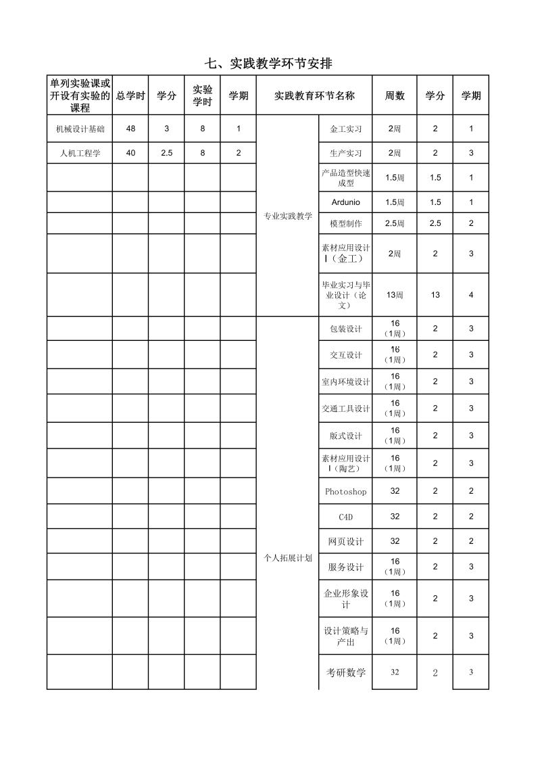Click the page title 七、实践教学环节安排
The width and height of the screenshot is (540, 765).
tap(269, 64)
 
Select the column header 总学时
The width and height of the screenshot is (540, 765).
tap(130, 96)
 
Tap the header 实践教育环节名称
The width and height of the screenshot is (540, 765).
tap(314, 96)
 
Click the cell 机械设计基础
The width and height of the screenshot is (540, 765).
tap(80, 129)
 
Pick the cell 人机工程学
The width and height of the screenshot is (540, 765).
tap(80, 153)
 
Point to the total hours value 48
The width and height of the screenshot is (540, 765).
tap(130, 129)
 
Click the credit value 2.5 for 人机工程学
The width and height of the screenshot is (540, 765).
tap(166, 153)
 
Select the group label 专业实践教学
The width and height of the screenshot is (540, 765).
tap(287, 216)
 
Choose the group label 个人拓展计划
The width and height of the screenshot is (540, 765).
tap(287, 558)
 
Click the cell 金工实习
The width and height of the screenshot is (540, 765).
tap(346, 129)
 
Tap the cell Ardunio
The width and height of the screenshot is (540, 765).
tap(346, 202)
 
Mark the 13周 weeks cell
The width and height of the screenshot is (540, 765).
tap(395, 295)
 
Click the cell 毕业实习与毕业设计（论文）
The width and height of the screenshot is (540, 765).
tap(346, 295)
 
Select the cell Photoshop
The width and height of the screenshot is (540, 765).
tap(346, 492)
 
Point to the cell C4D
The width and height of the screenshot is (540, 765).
tap(346, 517)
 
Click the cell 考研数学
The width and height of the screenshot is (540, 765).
tap(346, 672)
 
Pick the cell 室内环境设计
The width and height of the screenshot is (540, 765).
tap(346, 381)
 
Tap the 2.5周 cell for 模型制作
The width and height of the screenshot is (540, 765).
tap(395, 223)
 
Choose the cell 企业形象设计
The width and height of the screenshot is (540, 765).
tap(346, 599)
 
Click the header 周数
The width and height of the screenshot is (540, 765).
tap(395, 96)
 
